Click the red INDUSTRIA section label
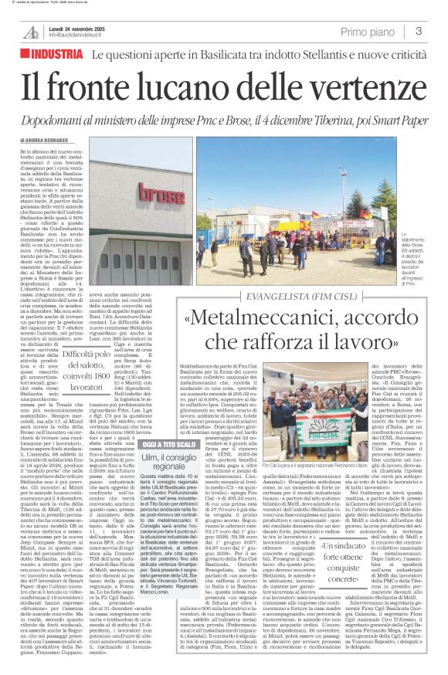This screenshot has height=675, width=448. (53, 54)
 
